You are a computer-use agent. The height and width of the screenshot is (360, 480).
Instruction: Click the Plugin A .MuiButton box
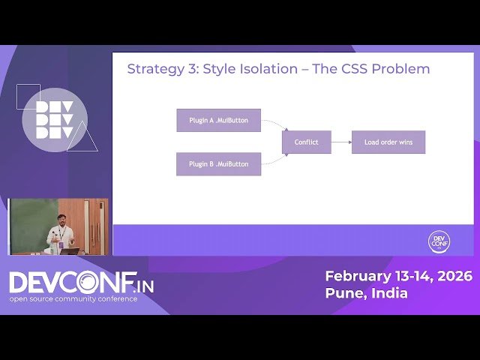coord(218,120)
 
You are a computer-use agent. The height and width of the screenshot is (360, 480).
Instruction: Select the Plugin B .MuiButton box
coord(218,163)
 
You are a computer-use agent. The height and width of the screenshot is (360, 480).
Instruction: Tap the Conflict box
coord(306,142)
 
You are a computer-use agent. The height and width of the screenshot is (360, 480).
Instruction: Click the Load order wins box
coord(388,142)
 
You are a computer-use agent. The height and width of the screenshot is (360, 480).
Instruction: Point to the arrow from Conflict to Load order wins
coord(341,142)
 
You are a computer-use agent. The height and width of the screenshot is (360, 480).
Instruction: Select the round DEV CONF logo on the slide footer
coord(439,241)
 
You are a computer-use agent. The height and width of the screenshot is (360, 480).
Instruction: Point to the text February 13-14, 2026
coord(398,276)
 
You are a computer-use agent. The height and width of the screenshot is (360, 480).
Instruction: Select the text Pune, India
coord(366,293)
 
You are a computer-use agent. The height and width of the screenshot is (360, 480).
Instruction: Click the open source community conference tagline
coord(73,299)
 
